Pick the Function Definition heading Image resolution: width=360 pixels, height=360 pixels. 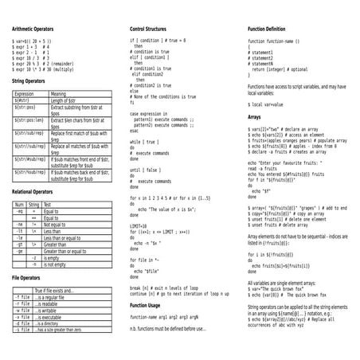[x=272, y=28]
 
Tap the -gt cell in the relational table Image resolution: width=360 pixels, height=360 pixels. [x=19, y=243]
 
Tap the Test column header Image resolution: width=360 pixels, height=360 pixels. [x=48, y=205]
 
